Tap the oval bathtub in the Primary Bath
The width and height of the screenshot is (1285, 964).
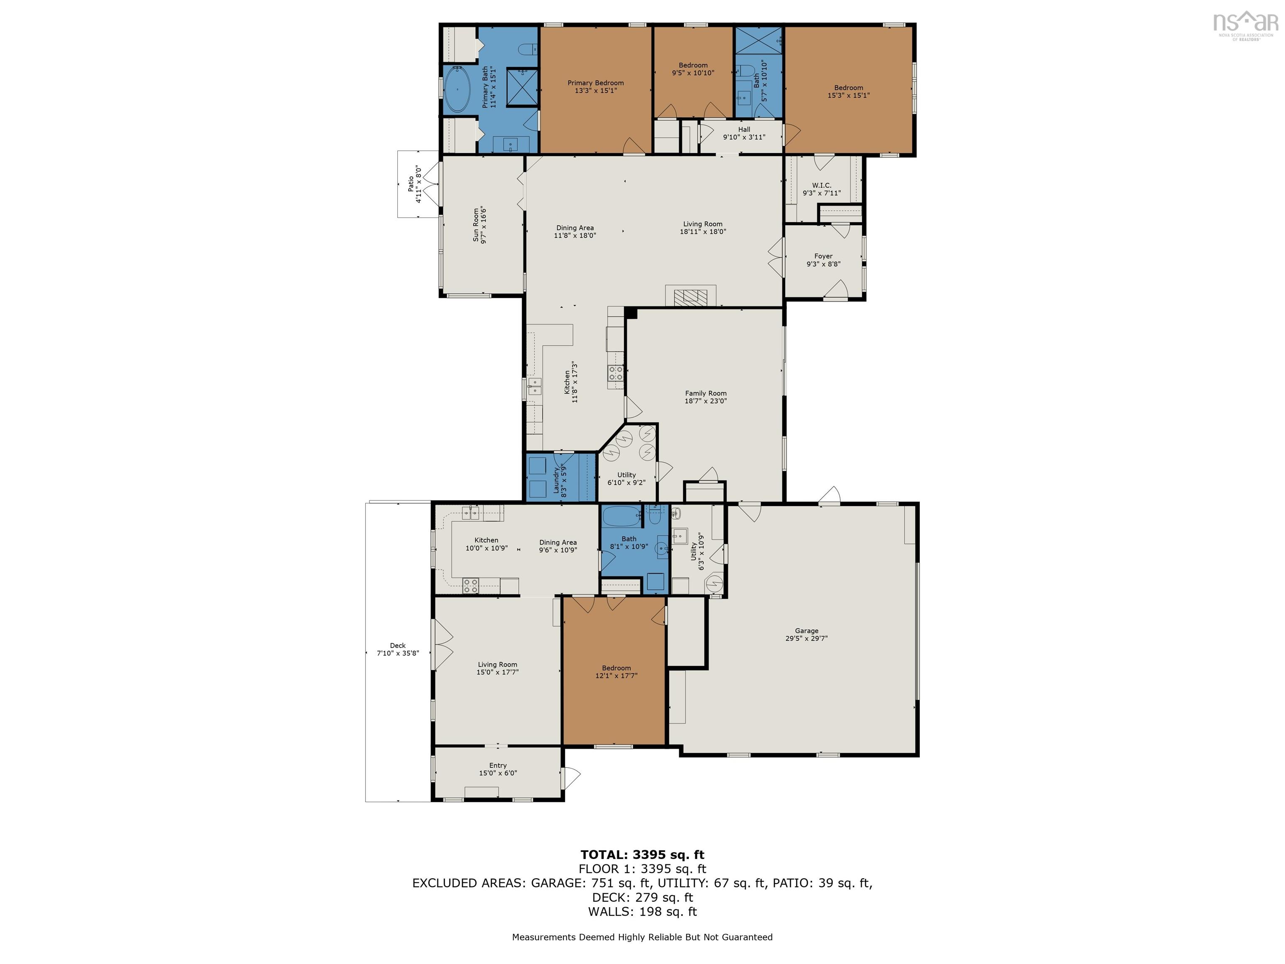pyautogui.click(x=458, y=90)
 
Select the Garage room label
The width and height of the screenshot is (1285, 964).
pyautogui.click(x=806, y=631)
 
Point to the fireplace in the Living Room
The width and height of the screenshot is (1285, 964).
pyautogui.click(x=691, y=297)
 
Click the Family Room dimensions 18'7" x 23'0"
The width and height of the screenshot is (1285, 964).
pyautogui.click(x=705, y=401)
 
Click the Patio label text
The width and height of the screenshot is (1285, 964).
pyautogui.click(x=411, y=184)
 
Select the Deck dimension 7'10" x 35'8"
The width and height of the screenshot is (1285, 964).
pyautogui.click(x=397, y=653)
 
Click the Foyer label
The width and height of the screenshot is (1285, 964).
pyautogui.click(x=823, y=256)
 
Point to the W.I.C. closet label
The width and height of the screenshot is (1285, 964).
pyautogui.click(x=822, y=185)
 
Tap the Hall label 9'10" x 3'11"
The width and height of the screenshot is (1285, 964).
pyautogui.click(x=744, y=133)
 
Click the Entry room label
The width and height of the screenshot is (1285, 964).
pyautogui.click(x=497, y=765)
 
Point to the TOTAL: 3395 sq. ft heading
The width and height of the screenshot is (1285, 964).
pyautogui.click(x=642, y=855)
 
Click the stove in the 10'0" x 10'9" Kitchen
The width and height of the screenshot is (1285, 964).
pyautogui.click(x=470, y=585)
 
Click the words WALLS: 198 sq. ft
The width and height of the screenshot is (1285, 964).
pyautogui.click(x=642, y=912)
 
